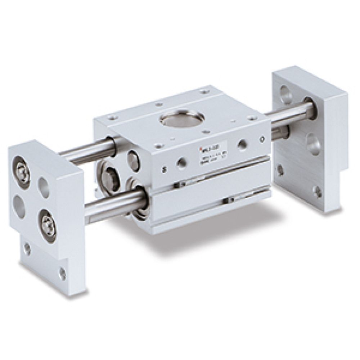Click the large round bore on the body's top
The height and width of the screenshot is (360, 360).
182,118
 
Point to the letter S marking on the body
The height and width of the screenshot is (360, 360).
164,169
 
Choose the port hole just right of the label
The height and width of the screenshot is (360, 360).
242,144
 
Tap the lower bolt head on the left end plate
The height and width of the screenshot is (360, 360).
48,225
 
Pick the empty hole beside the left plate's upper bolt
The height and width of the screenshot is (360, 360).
44,187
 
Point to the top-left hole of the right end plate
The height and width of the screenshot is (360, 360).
285,94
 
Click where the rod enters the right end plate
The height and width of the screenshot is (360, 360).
310,108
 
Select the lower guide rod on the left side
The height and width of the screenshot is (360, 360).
112,206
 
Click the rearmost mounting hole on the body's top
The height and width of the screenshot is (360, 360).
205,91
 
